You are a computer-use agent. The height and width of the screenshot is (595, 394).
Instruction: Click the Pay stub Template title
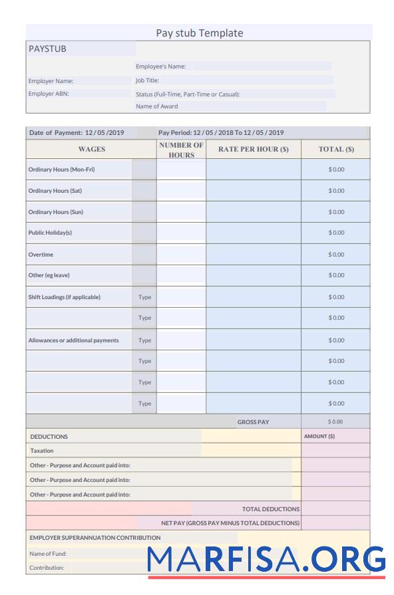click(x=199, y=33)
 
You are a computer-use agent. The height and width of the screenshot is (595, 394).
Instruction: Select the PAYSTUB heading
click(x=47, y=49)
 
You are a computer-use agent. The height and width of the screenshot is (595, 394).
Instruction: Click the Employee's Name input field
click(x=261, y=66)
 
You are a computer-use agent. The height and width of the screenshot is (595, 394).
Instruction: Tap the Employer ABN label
click(x=49, y=94)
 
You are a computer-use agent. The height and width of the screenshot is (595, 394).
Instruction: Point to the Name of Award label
click(x=157, y=106)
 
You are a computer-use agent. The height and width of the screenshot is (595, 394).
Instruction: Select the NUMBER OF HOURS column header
click(x=181, y=150)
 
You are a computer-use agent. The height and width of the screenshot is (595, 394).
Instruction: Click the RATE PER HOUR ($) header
click(x=253, y=150)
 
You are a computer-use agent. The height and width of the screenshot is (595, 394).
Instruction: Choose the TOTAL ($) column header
click(x=336, y=150)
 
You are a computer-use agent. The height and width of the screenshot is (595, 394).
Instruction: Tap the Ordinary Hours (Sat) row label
click(x=55, y=191)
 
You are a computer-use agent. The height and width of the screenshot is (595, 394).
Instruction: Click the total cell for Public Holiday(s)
click(x=336, y=233)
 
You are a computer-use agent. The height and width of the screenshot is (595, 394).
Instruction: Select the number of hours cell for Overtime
click(x=181, y=255)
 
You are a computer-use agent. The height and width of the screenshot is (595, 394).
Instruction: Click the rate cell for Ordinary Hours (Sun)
click(x=253, y=212)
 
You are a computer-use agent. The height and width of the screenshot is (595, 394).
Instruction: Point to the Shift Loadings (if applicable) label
click(x=65, y=297)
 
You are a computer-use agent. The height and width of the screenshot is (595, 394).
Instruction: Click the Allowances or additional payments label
click(x=73, y=340)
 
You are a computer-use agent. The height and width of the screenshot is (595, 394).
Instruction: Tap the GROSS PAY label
click(x=253, y=422)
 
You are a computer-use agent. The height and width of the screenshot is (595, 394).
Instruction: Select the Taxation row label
click(x=42, y=451)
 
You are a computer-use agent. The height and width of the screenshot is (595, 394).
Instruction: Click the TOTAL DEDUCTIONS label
click(x=271, y=509)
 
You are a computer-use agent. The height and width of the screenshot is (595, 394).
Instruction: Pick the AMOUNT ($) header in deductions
click(x=319, y=437)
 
